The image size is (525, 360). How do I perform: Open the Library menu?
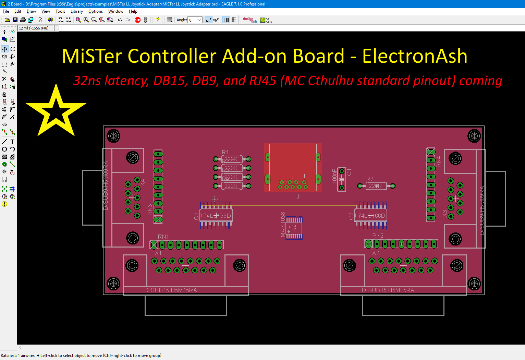pyautogui.click(x=76, y=11)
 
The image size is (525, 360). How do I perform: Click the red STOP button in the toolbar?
pyautogui.click(x=138, y=20)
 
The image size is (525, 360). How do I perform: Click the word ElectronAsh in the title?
pyautogui.click(x=415, y=56)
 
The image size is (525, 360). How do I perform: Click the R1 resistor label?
pyautogui.click(x=225, y=152)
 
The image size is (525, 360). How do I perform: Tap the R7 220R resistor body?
pyautogui.click(x=376, y=186)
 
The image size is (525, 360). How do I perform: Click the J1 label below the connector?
pyautogui.click(x=299, y=196)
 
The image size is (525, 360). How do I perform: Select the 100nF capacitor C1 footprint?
pyautogui.click(x=342, y=179)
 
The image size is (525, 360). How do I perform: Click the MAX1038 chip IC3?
pyautogui.click(x=294, y=228)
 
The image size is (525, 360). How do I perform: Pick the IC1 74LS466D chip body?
pyautogui.click(x=217, y=216)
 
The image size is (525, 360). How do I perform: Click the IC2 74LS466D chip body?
pyautogui.click(x=371, y=216)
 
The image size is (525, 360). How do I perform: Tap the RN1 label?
pyautogui.click(x=163, y=237)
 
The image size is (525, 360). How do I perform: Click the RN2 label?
pyautogui.click(x=378, y=236)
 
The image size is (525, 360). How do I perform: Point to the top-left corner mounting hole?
pyautogui.click(x=114, y=136)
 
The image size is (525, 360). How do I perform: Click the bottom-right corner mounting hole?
pyautogui.click(x=474, y=284)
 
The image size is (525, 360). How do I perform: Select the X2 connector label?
pyautogui.click(x=376, y=253)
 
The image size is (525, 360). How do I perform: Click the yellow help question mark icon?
pyautogui.click(x=158, y=20)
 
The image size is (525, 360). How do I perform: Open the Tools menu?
pyautogui.click(x=60, y=11)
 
